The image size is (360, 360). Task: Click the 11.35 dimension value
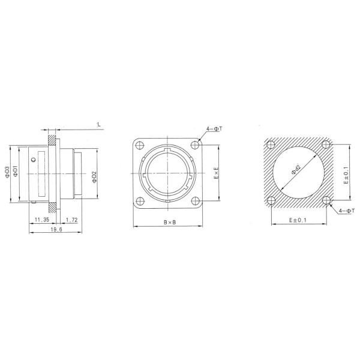41,220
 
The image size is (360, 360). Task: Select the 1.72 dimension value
71,220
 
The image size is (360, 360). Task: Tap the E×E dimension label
216,175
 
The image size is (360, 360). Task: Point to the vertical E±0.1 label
346,175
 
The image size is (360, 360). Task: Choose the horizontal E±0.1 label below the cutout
299,220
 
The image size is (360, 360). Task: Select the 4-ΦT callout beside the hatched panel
346,211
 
